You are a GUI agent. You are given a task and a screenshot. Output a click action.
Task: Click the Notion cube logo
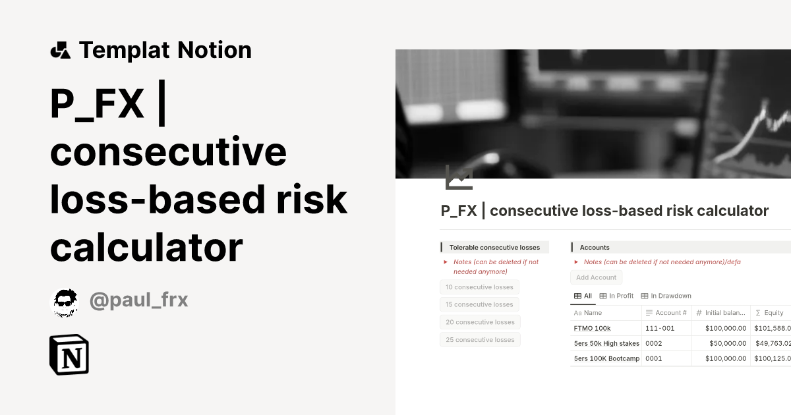[69, 355]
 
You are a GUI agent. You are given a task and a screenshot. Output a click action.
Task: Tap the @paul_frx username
[138, 301]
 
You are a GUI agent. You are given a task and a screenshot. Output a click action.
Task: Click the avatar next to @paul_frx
[65, 303]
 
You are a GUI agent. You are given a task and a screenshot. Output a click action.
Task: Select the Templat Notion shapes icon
[60, 50]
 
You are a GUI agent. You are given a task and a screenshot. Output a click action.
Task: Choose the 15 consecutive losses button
[479, 304]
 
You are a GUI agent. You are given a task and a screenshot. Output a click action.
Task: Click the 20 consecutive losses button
[481, 322]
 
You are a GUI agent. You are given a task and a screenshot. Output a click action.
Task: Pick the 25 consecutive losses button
[481, 340]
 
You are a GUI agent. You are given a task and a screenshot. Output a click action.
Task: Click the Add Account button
[596, 277]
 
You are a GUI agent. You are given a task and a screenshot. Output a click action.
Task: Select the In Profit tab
[616, 296]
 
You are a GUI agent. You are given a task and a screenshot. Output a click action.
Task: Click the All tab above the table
[583, 296]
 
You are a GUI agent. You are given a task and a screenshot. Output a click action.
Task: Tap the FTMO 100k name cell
[593, 328]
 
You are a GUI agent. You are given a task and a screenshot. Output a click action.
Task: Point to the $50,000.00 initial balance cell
[725, 343]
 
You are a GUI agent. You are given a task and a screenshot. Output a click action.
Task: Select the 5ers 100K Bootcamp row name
[606, 358]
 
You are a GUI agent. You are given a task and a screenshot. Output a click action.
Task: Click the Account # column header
[666, 313]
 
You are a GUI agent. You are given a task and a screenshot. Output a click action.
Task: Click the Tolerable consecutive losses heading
[494, 248]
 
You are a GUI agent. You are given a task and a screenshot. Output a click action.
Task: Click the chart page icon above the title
[459, 178]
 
